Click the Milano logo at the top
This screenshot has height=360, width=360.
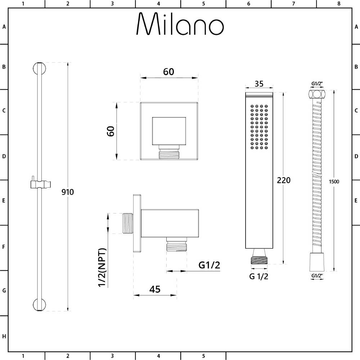pyautogui.click(x=180, y=24)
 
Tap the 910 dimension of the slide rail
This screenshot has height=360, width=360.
pyautogui.click(x=68, y=192)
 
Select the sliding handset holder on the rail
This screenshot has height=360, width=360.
pyautogui.click(x=40, y=184)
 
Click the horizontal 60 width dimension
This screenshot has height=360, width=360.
pyautogui.click(x=168, y=72)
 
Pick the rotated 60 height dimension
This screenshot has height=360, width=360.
pyautogui.click(x=111, y=131)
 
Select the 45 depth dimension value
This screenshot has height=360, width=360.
pyautogui.click(x=155, y=289)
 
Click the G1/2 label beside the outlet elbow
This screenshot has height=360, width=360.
pyautogui.click(x=209, y=265)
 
